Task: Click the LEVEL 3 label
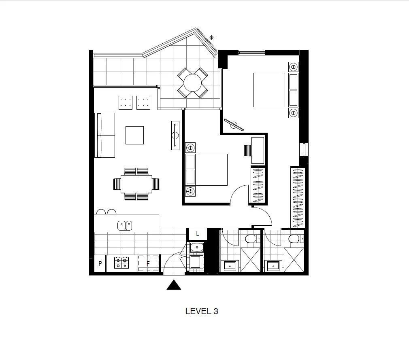(202, 311)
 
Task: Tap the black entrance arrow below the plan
(174, 286)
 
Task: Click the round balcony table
(193, 83)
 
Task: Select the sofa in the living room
(104, 135)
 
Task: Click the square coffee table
(134, 135)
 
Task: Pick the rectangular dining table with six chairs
(136, 184)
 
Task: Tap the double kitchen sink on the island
(125, 225)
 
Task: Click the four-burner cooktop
(121, 263)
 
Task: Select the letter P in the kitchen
(100, 264)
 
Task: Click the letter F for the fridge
(148, 264)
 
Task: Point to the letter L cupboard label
(198, 234)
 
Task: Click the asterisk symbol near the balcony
(211, 38)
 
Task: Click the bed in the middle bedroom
(211, 169)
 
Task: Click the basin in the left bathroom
(230, 266)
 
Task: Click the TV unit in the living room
(175, 136)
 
